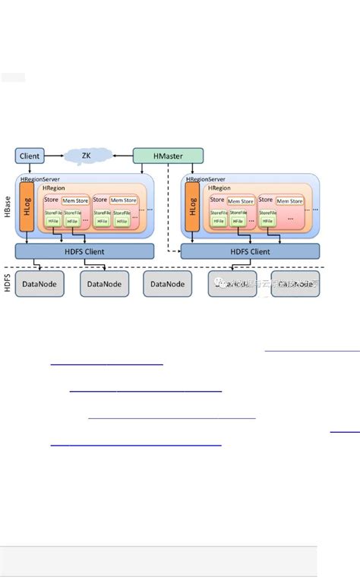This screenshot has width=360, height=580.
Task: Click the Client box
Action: [x=29, y=156]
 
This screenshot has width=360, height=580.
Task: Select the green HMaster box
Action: [x=169, y=156]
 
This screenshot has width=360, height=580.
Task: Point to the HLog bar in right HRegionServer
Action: [x=192, y=207]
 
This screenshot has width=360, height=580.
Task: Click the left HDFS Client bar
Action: [x=84, y=251]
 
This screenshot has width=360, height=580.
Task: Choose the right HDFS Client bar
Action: [x=250, y=251]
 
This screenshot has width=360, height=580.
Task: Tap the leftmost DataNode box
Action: [x=40, y=284]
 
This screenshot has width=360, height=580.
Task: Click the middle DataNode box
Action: [x=168, y=284]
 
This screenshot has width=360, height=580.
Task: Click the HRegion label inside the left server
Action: [x=54, y=188]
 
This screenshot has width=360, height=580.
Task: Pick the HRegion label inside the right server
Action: [x=219, y=188]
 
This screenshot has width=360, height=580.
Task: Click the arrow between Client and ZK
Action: [x=52, y=156]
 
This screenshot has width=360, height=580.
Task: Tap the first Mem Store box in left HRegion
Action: [x=74, y=200]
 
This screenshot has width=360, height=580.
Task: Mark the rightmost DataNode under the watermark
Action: [x=295, y=284]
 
